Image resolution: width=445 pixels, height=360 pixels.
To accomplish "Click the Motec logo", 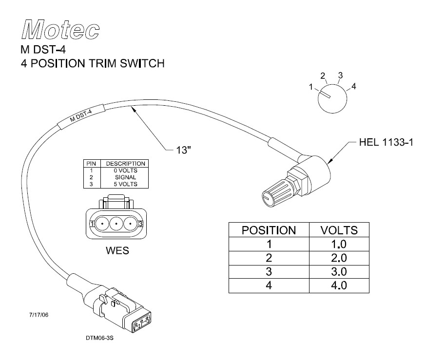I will (x=60, y=31).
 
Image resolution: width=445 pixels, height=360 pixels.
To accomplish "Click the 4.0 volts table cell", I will (x=338, y=285).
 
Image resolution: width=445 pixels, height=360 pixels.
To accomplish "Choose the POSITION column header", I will (x=269, y=230).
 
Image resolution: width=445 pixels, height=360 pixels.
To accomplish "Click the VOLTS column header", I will (x=338, y=230).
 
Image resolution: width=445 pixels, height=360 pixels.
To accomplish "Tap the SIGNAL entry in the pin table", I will (x=125, y=177).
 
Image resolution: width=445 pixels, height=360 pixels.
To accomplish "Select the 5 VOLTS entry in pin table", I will (x=125, y=184).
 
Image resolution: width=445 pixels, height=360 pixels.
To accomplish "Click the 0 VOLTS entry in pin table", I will (x=125, y=171).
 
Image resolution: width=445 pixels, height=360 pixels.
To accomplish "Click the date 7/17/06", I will (x=39, y=315).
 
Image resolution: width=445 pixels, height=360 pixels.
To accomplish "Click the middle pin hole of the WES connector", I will (x=116, y=224).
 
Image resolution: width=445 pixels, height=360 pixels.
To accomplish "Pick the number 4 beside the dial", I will (x=354, y=87).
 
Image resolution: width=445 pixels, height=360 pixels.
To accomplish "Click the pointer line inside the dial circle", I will (x=325, y=94).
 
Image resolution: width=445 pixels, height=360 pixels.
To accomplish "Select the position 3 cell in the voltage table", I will (x=269, y=271).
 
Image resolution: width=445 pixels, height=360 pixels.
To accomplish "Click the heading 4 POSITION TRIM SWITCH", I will (x=93, y=63).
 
